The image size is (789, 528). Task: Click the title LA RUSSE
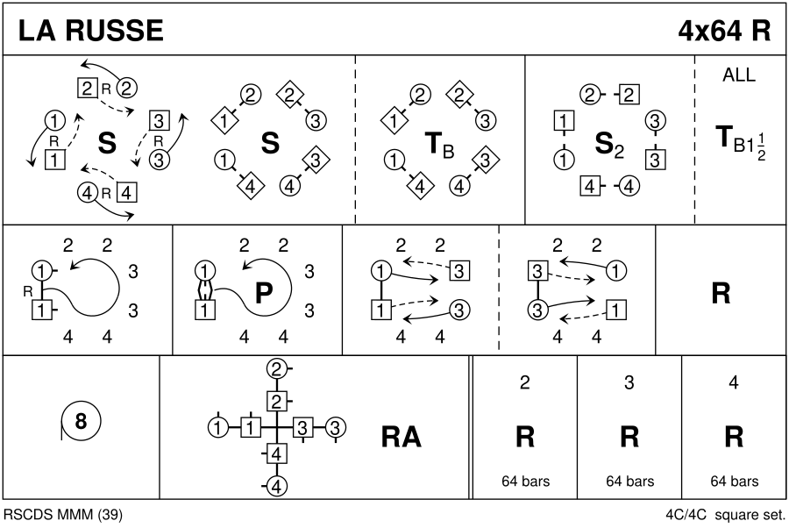[90, 30]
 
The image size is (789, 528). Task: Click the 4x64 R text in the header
[724, 30]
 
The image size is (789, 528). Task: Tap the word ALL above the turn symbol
[739, 75]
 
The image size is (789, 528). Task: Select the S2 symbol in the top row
[609, 145]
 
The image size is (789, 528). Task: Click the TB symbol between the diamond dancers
[439, 145]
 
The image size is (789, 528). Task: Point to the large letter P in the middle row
[264, 292]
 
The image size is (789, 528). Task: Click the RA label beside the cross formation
[401, 437]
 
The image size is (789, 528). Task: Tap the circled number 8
[81, 420]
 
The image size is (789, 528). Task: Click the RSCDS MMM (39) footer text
[63, 515]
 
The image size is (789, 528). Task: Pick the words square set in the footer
[750, 515]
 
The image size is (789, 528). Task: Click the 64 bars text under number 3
[629, 482]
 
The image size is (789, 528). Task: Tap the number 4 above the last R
[734, 383]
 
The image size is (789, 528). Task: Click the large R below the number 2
[525, 437]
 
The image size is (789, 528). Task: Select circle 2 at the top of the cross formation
[276, 370]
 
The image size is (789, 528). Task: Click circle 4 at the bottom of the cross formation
[276, 487]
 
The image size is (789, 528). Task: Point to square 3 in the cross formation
[302, 428]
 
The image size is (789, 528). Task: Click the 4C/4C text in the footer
[686, 515]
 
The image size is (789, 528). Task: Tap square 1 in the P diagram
[204, 310]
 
